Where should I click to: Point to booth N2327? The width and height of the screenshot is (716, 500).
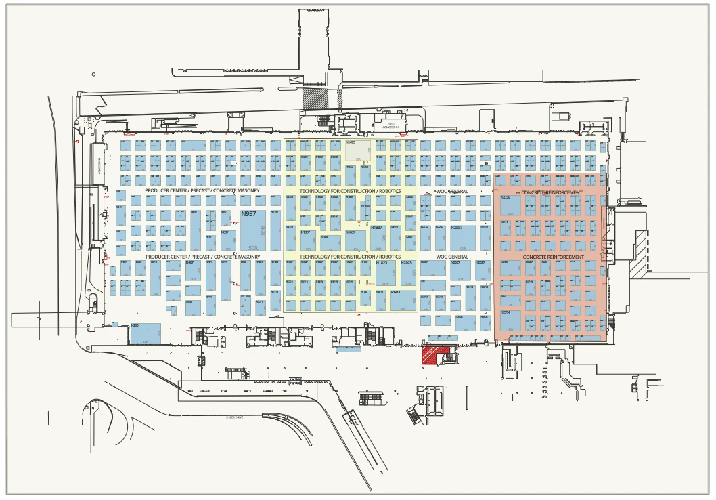tap(460, 271)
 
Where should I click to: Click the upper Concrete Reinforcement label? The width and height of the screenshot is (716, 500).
tap(552, 192)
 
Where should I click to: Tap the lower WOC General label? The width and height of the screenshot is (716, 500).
tap(452, 257)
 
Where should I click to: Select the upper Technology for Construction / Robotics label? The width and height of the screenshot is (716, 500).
tap(350, 192)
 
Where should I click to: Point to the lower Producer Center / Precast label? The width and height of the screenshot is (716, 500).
tap(202, 257)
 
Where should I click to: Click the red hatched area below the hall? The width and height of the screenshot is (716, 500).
tap(436, 354)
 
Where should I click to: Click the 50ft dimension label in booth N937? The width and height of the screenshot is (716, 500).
tap(254, 247)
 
